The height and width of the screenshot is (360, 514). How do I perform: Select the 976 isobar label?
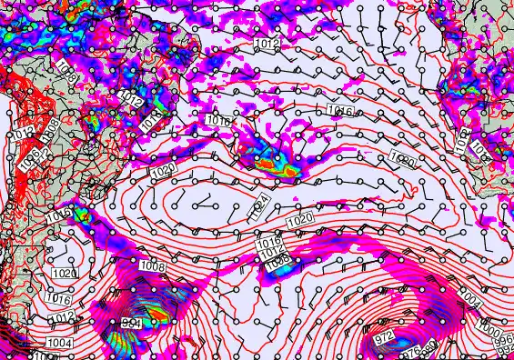coord(412,349)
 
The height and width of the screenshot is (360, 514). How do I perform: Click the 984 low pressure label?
coord(131,323)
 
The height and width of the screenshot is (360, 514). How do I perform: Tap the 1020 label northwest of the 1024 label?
coord(163,171)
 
